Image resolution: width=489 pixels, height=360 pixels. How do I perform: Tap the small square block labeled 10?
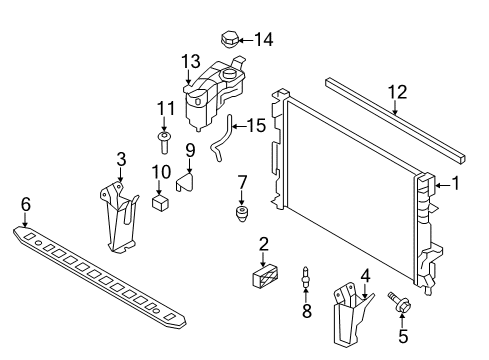[159, 203]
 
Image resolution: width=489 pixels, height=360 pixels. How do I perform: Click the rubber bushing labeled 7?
[241, 215]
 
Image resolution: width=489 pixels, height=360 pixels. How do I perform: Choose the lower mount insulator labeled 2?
[264, 277]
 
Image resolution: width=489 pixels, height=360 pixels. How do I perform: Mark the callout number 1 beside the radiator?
[455, 183]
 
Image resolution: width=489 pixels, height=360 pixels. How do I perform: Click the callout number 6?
[26, 204]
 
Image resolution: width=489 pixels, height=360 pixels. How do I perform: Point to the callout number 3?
[121, 158]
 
